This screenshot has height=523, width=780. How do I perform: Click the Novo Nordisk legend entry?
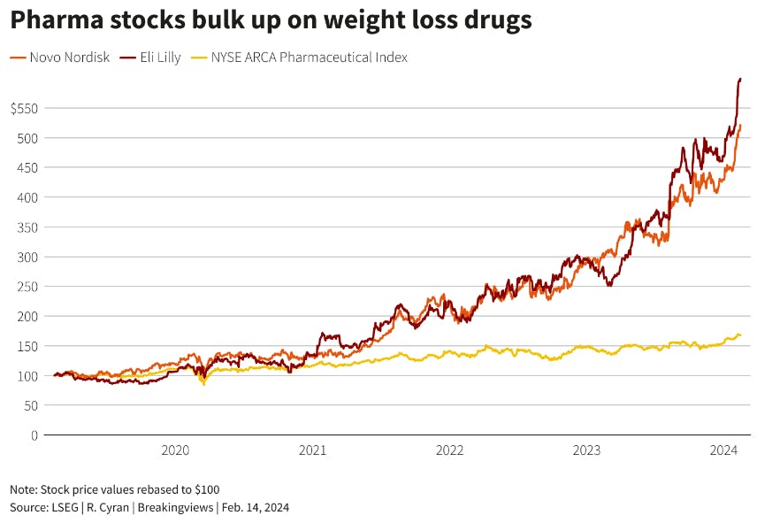(x=60, y=58)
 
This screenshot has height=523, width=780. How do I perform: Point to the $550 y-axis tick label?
(x=24, y=108)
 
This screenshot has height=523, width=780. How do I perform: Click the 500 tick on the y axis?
(x=27, y=138)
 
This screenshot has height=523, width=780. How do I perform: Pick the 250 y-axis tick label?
(x=27, y=287)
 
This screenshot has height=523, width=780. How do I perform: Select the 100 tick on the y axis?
(x=27, y=376)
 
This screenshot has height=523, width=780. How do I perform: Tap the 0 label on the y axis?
(x=34, y=435)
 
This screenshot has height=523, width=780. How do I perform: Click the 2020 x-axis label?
(x=175, y=450)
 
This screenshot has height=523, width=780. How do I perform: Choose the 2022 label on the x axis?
(x=449, y=450)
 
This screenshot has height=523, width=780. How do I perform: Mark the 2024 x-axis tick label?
(x=724, y=450)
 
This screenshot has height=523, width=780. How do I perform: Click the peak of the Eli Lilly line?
(x=739, y=79)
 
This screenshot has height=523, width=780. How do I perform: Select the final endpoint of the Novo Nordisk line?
(x=740, y=126)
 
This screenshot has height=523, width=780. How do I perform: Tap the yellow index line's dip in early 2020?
(x=204, y=384)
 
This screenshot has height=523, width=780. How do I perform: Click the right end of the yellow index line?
(x=740, y=335)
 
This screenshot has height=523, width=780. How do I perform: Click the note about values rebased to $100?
(x=115, y=489)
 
